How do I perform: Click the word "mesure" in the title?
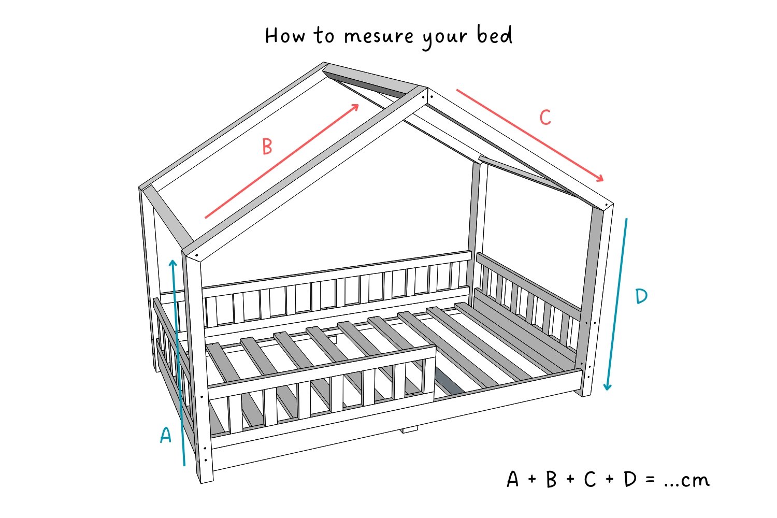[x=379, y=36]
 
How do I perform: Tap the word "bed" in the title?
[x=495, y=35]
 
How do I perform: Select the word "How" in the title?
[x=285, y=35]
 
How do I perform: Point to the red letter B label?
[x=267, y=147]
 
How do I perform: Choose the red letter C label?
[x=545, y=117]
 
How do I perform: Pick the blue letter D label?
[x=641, y=296]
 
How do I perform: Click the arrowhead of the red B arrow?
[x=355, y=107]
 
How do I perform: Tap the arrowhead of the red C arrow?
[x=600, y=178]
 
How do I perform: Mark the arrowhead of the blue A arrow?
[x=172, y=263]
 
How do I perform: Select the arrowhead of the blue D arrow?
[x=607, y=386]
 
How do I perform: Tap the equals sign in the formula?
[x=650, y=479]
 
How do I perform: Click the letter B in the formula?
[x=551, y=479]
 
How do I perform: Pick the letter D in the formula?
[x=630, y=479]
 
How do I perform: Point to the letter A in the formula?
[x=512, y=479]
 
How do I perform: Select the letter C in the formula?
[x=590, y=479]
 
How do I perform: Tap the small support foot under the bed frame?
[x=409, y=430]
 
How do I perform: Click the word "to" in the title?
[x=324, y=35]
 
